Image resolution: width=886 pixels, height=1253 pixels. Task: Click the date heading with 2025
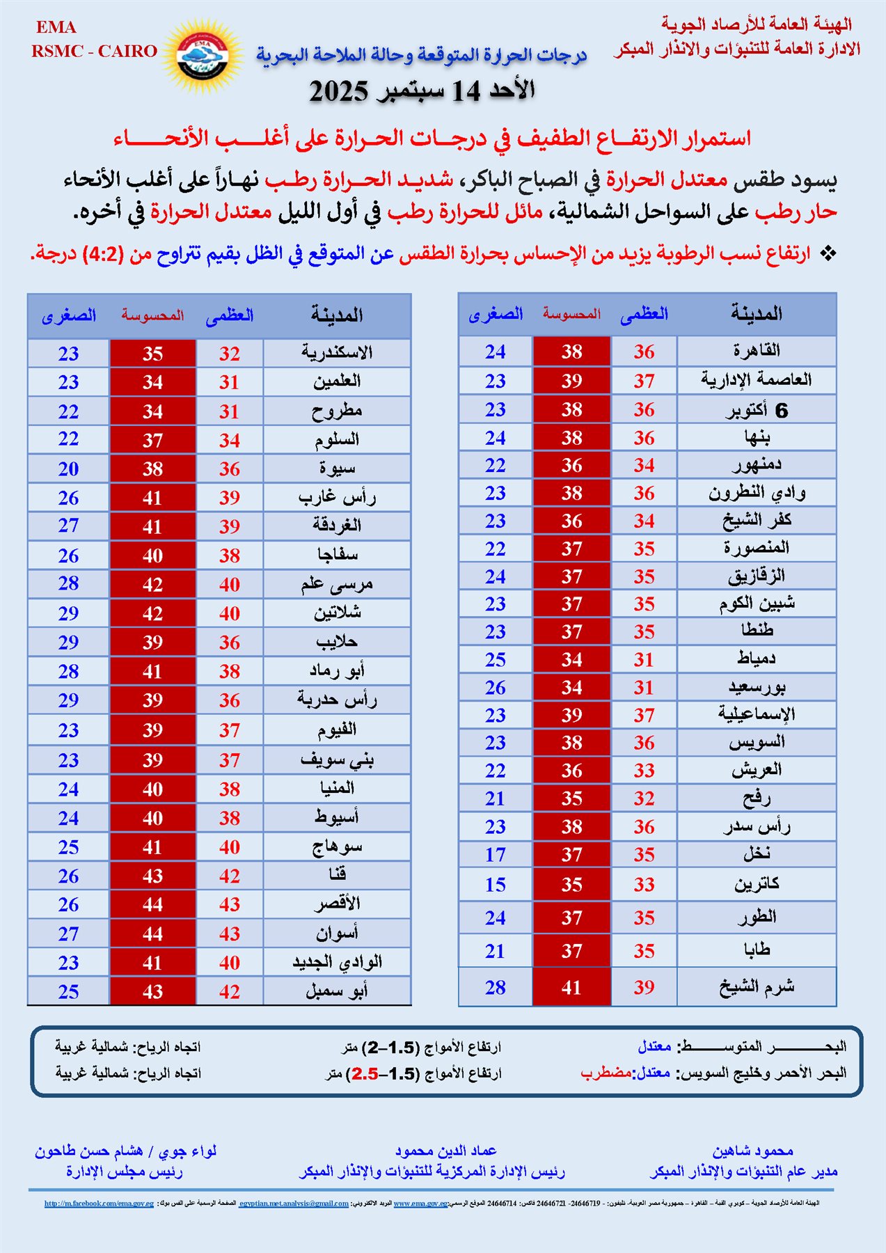pos(422,91)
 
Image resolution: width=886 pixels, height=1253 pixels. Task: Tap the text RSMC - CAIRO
pos(94,51)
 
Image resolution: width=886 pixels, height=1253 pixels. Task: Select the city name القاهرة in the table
pos(756,351)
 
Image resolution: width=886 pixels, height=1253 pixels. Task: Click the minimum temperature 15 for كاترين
pos(495,885)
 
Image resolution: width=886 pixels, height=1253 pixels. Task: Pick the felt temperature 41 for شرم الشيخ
pos(571,987)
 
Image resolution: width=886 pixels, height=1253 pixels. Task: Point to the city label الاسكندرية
pos(337,353)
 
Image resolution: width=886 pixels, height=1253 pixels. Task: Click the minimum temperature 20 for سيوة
pos(68,469)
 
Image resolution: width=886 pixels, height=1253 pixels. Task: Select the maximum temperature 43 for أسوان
pos(230,933)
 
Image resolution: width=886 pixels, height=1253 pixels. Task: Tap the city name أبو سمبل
pos(337,991)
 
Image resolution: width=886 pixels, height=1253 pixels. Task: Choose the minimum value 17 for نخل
pos(495,855)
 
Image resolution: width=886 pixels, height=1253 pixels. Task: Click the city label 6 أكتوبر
pos(756,411)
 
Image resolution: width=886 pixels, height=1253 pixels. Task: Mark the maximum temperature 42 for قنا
pos(230,876)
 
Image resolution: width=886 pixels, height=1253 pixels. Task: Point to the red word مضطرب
pos(606,1073)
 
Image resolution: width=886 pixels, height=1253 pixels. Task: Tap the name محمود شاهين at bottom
pos(752,1151)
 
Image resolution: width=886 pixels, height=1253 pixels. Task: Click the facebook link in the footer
pos(99,1203)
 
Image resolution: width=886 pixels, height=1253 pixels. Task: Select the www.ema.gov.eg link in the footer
pos(420,1203)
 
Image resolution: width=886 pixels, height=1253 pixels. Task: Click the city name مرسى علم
pos(337,585)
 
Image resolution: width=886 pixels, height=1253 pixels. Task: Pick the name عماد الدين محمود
pos(445,1151)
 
